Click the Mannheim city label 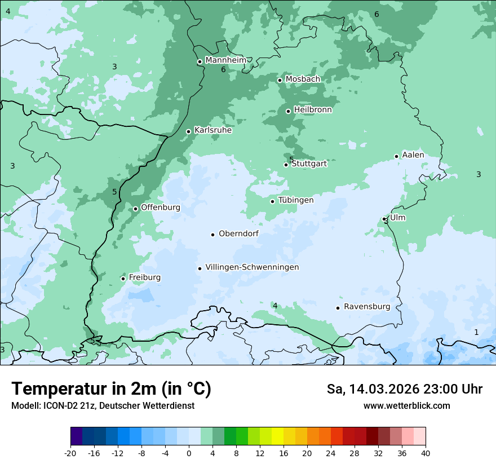(x=225, y=60)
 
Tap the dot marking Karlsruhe (x=189, y=131)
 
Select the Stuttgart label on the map (x=309, y=164)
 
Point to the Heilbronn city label (x=313, y=110)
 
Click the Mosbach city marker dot (x=280, y=80)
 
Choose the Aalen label (x=413, y=155)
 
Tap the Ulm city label (x=398, y=218)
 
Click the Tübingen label (x=296, y=200)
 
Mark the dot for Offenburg (x=135, y=209)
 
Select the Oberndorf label (x=238, y=233)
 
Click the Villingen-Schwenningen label (x=252, y=267)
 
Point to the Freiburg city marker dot (x=123, y=279)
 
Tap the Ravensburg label (x=367, y=307)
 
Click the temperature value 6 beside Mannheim (x=223, y=69)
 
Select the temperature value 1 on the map (x=476, y=332)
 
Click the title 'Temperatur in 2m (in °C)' (x=111, y=389)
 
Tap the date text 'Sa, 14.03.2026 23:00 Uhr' (x=404, y=389)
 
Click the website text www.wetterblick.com (x=406, y=406)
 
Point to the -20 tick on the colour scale (x=70, y=453)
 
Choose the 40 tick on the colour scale (x=426, y=453)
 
